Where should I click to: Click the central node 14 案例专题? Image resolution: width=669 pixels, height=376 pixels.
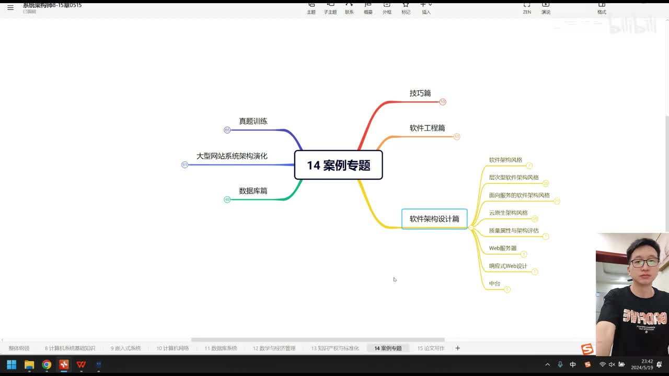tap(338, 165)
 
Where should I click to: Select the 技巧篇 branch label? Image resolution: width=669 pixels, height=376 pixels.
tap(420, 93)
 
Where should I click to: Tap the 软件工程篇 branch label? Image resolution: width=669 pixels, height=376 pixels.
tap(427, 128)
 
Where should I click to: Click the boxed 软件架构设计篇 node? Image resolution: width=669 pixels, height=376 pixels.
tap(434, 219)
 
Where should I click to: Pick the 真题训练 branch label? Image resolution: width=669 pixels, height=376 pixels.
tap(253, 121)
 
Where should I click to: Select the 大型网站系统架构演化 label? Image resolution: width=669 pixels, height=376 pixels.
tap(232, 156)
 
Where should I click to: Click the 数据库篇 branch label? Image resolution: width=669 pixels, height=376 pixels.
tap(253, 191)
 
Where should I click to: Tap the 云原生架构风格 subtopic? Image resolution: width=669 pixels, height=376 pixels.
tap(508, 213)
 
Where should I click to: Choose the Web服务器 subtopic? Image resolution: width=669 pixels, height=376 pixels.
tap(502, 249)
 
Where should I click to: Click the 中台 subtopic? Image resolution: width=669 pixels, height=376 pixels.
tap(494, 284)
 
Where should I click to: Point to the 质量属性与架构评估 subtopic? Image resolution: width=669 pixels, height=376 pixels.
tap(513, 231)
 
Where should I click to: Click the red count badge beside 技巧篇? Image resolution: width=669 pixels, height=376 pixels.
tap(443, 102)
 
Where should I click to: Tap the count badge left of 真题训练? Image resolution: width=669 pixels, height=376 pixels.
tap(227, 130)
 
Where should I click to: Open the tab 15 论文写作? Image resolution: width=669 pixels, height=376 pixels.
tap(431, 348)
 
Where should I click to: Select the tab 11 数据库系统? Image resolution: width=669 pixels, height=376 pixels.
tap(221, 348)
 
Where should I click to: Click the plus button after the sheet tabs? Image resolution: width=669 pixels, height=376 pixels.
tap(458, 348)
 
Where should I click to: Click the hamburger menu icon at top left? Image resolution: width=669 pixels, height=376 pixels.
tap(10, 7)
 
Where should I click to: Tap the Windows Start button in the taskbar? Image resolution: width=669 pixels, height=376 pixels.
tap(11, 365)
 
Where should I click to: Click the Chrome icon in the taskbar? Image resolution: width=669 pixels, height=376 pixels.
tap(47, 365)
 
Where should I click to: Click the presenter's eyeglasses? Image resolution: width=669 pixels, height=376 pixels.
tap(643, 262)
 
